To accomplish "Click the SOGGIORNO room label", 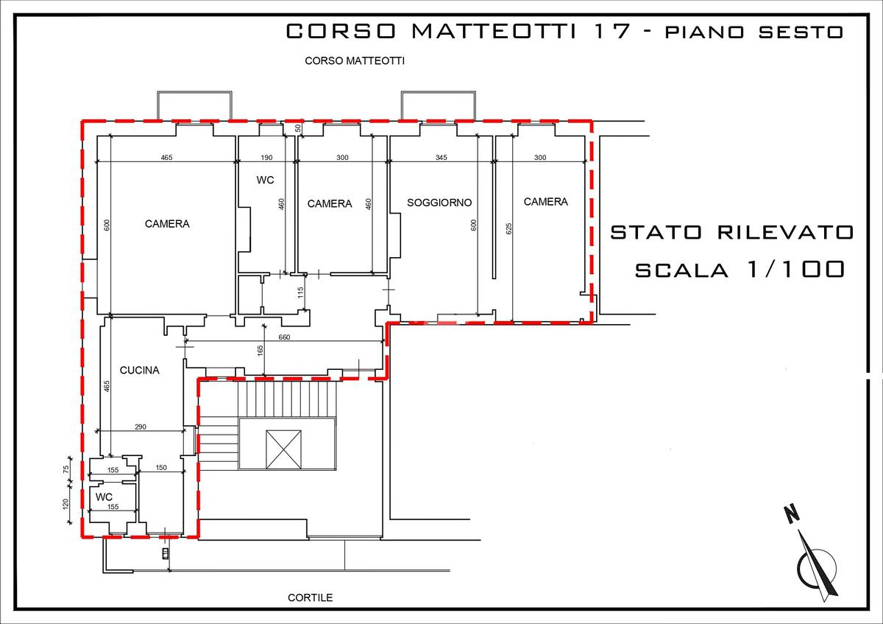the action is pos(439,203).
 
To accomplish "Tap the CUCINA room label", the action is pos(140,371).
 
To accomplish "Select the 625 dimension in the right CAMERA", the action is pos(509,228).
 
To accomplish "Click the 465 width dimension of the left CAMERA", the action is pos(166,158).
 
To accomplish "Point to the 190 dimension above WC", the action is pos(266,158).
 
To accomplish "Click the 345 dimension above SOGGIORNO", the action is pos(441,158).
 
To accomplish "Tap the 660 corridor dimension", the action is pos(284,337).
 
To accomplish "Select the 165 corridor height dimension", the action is pos(260,351).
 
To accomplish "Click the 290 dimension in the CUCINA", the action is pos(141,427).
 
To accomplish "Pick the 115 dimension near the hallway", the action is pos(300,292).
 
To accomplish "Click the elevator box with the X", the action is pos(283,449).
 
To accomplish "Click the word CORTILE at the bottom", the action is pos(311,597).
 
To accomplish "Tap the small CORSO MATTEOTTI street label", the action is pos(355,61).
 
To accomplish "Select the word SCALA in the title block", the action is pos(681,270).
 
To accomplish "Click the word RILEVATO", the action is pos(785,233).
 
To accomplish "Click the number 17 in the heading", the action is pos(611,31).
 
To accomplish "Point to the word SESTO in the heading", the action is pos(801,32).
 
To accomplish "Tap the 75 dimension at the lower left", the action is pos(65,469).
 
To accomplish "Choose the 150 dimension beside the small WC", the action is pos(161,467).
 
